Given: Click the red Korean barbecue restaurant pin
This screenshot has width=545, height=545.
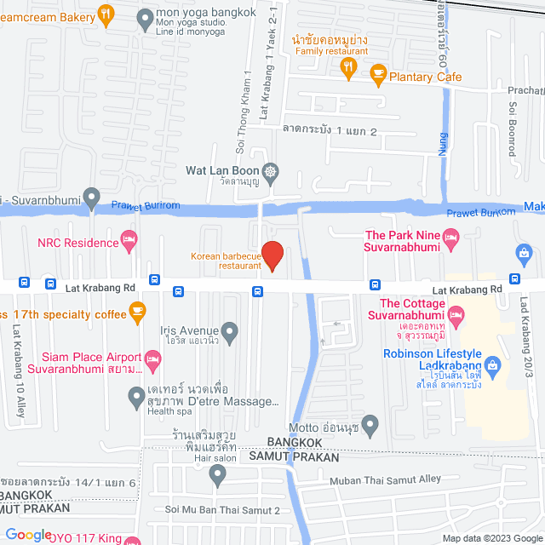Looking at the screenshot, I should click(272, 255).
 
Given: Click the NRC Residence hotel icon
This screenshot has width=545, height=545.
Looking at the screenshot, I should click(129, 240).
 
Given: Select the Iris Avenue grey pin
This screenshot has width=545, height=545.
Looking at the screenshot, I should click(229, 330).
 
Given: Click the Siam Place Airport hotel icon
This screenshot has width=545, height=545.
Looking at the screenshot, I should click(152, 360).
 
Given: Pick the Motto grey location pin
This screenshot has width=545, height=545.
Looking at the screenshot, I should click(370, 423).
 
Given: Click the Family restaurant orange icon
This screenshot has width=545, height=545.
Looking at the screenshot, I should click(348, 72).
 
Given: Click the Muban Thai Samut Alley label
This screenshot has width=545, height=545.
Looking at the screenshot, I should click(386, 479).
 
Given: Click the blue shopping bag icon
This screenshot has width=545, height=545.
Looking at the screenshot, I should click(523, 253).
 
